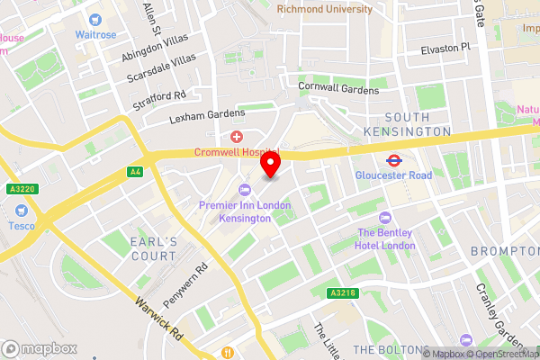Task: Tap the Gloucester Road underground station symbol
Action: [x=393, y=160]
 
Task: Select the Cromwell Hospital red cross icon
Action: [x=237, y=137]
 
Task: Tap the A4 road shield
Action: [x=135, y=171]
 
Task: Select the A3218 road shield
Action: [x=340, y=293]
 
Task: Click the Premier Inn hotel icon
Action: [x=244, y=190]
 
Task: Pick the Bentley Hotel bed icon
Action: [x=385, y=217]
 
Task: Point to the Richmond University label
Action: [x=324, y=9]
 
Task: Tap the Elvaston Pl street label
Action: [x=445, y=48]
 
